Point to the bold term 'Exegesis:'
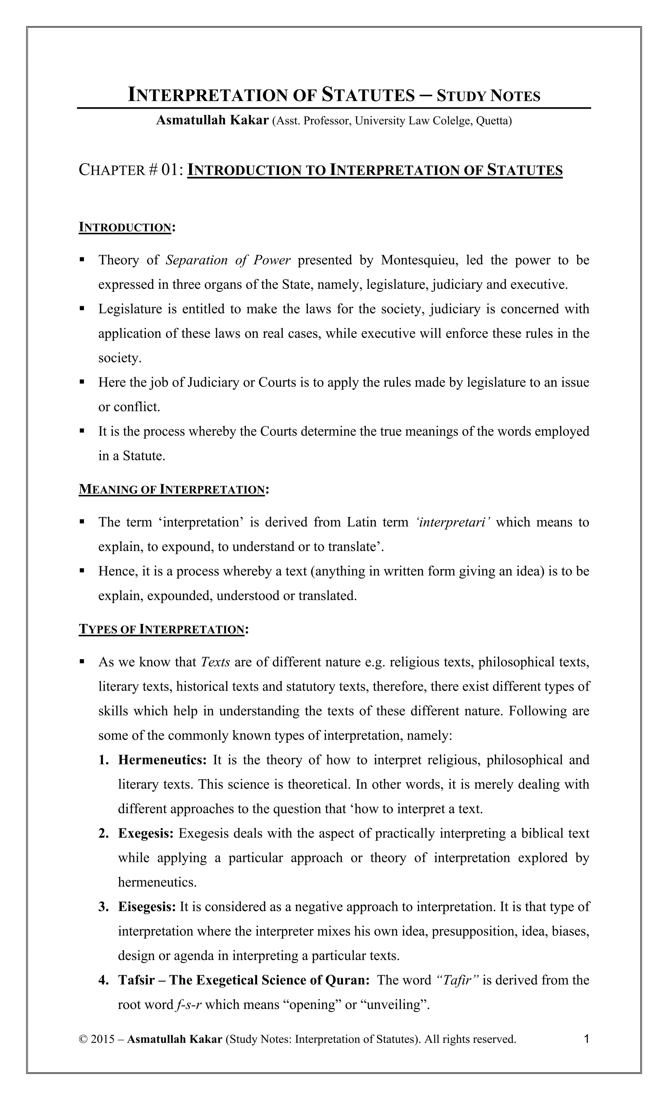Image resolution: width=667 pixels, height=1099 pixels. [146, 833]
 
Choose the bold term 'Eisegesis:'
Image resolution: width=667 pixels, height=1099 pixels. [147, 907]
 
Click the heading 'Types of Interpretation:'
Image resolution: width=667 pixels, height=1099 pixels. [163, 629]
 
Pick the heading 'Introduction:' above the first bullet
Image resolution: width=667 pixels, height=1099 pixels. [127, 227]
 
